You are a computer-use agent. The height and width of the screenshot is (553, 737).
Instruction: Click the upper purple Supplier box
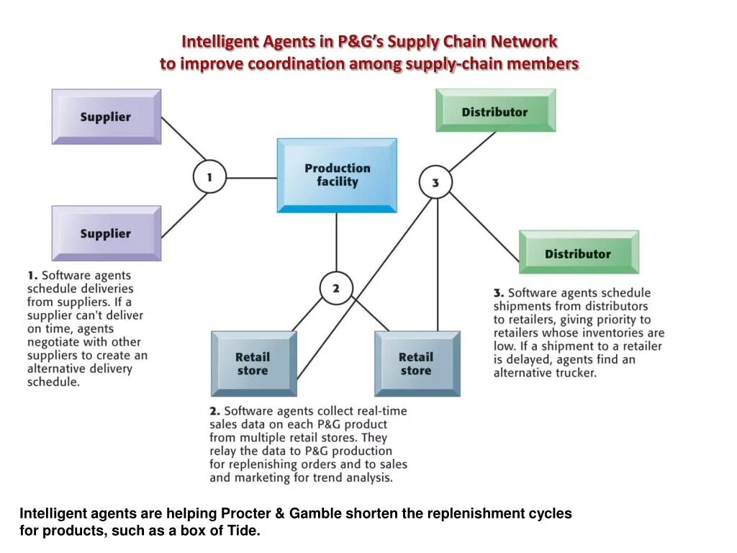[x=106, y=117]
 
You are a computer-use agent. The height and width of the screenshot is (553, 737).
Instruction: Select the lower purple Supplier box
[x=106, y=233]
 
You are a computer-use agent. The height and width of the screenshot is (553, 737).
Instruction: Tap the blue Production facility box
[x=337, y=175]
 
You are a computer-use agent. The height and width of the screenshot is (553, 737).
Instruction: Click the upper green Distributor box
[x=495, y=111]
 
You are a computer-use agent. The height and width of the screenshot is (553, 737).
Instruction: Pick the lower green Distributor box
[x=578, y=253]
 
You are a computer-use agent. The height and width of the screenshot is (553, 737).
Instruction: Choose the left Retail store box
[x=253, y=364]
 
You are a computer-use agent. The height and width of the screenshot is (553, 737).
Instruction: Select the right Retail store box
[x=416, y=364]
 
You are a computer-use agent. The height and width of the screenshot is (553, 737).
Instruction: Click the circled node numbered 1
[x=209, y=176]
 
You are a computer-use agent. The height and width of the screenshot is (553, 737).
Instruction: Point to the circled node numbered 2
[x=335, y=289]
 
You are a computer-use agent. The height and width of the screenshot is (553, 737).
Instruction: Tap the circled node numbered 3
[x=435, y=183]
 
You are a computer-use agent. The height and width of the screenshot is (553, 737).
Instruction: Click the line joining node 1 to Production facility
[x=252, y=177]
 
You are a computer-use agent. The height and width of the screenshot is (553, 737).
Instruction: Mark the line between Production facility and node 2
[x=336, y=242]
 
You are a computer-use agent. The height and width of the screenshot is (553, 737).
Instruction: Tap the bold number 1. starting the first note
[x=32, y=275]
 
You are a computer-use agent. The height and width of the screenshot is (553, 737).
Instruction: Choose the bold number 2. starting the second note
[x=214, y=411]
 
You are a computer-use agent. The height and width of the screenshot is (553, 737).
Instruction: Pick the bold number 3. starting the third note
[x=498, y=293]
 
